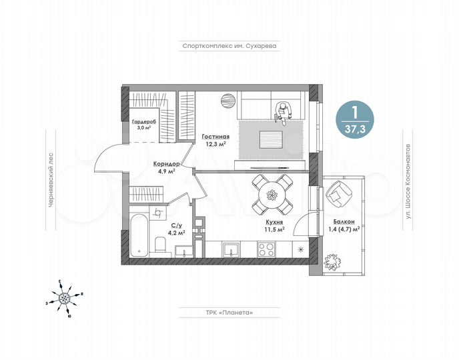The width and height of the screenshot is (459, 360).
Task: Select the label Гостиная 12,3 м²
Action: point(214,139)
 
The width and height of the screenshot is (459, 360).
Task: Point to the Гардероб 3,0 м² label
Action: point(143,124)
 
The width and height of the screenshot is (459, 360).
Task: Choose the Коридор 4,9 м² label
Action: point(164,167)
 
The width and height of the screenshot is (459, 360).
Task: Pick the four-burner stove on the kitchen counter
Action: point(267,250)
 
